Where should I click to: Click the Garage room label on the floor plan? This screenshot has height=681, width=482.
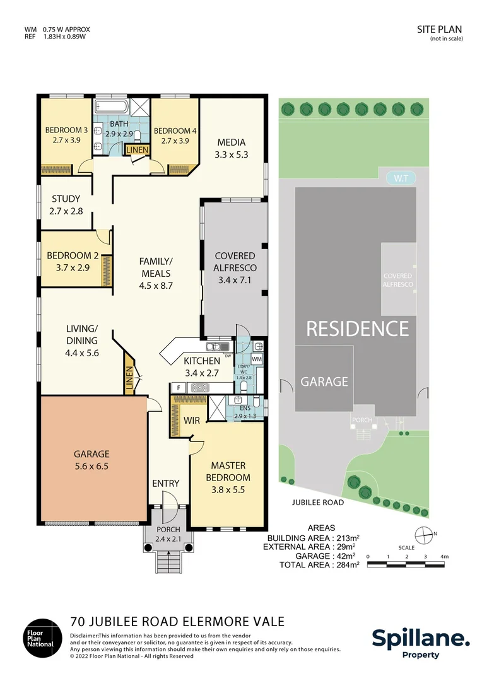(91, 459)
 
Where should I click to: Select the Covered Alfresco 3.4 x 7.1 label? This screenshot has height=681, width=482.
(235, 268)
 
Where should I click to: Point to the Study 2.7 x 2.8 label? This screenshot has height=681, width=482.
(66, 205)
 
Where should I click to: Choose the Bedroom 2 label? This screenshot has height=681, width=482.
(73, 262)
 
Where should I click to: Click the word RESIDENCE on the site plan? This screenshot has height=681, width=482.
(357, 329)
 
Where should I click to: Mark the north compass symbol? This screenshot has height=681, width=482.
(425, 534)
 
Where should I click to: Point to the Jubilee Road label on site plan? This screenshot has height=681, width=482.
(318, 503)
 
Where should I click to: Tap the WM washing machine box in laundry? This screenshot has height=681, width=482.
(256, 359)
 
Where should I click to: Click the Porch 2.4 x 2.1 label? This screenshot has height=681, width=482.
(168, 533)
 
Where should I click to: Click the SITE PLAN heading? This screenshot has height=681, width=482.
(440, 29)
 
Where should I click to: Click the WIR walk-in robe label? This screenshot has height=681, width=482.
(191, 419)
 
